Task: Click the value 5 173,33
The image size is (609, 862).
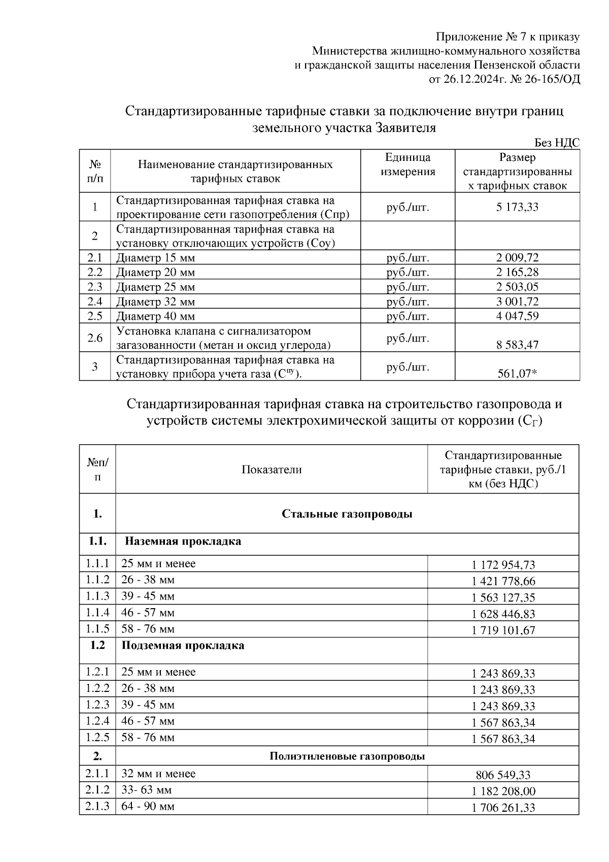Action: [517, 207]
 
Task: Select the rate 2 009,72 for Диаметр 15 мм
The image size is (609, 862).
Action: [517, 257]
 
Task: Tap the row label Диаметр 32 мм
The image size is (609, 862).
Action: [155, 302]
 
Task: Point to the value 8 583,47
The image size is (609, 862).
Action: [517, 345]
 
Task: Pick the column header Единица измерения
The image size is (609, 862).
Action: [408, 164]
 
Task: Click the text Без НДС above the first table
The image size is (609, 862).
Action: [557, 143]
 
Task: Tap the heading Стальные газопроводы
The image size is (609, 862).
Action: [347, 514]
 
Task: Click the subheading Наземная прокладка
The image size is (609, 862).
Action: [183, 541]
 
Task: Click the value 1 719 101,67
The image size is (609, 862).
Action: [503, 631]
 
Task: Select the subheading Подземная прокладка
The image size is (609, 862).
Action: [183, 646]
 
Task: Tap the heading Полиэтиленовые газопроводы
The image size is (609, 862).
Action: [347, 756]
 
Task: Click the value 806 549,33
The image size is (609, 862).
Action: [503, 775]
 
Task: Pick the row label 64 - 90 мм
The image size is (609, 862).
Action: [148, 806]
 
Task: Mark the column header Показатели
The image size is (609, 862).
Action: [271, 470]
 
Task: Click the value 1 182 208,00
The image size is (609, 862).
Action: [503, 791]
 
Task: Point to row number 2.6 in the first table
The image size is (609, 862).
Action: [95, 338]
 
